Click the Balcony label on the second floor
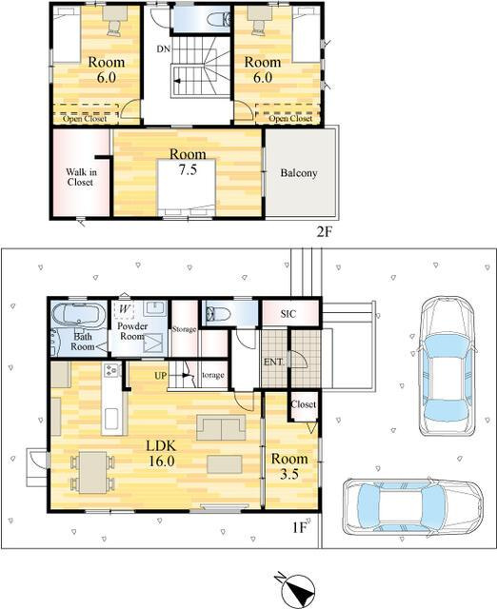tap(298, 173)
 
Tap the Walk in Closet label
tap(81, 177)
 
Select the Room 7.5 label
tap(188, 162)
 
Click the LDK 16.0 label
tap(161, 453)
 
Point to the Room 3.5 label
tap(289, 466)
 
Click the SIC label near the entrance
tap(288, 313)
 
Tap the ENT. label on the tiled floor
tap(273, 362)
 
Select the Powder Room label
tap(132, 331)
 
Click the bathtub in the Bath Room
tap(79, 314)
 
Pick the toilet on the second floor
tap(218, 18)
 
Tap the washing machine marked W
tap(124, 309)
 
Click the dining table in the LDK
tap(92, 472)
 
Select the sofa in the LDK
tap(221, 427)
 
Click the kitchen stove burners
tap(111, 370)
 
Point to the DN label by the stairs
tap(163, 49)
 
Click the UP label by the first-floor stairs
tap(161, 376)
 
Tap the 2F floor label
tap(324, 232)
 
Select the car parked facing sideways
tap(413, 507)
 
